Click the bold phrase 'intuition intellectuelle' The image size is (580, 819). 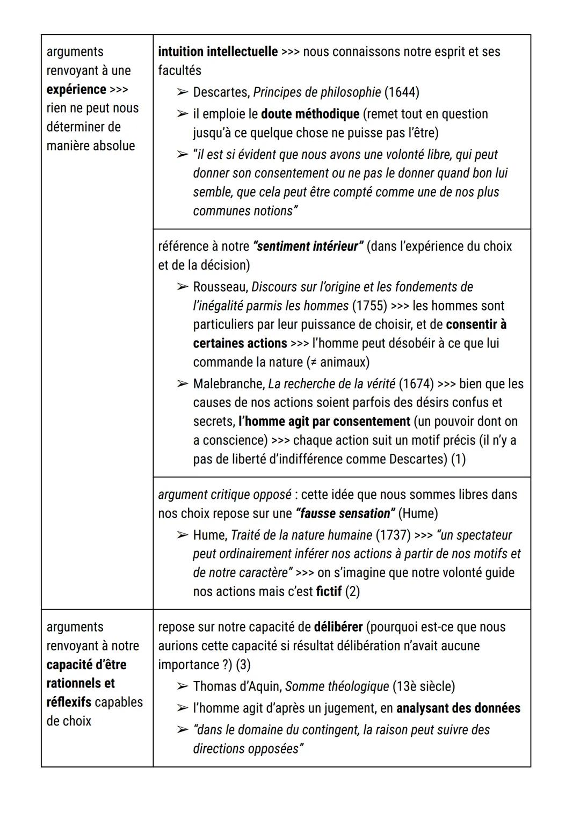(218, 52)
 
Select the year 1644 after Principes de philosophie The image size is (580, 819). (401, 92)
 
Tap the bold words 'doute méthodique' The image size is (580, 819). (310, 114)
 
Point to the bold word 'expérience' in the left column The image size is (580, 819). (76, 90)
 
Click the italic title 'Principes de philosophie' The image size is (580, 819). (317, 92)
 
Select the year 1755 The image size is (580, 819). (369, 306)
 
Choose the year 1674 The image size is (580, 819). (416, 385)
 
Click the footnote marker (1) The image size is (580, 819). (458, 460)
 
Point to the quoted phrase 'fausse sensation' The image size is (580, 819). (345, 514)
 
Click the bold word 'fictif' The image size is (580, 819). (329, 592)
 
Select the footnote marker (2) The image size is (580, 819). (352, 592)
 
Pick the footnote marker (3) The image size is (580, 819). (243, 665)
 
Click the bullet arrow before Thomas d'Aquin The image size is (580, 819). (183, 687)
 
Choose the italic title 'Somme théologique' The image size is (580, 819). (337, 687)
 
